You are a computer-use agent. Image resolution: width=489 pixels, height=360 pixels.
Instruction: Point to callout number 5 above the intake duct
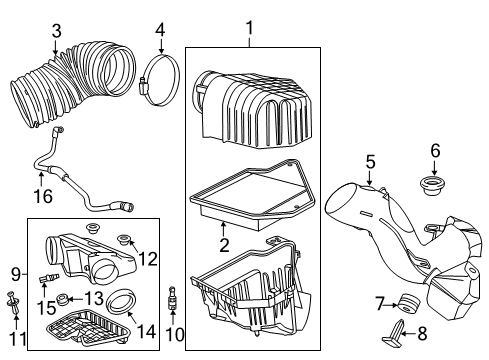369,160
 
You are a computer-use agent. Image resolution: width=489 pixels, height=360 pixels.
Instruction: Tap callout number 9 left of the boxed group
14,272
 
